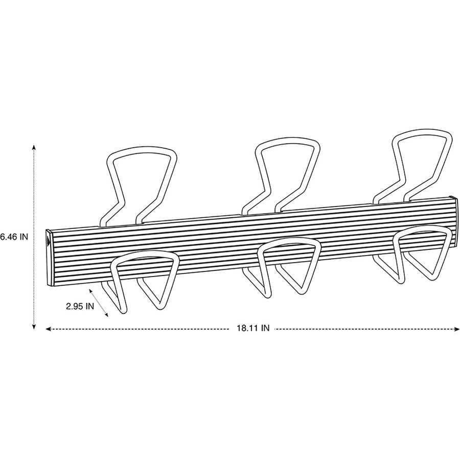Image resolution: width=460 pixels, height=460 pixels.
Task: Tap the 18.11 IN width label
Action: (253, 328)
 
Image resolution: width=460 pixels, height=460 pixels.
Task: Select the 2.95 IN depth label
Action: (80, 306)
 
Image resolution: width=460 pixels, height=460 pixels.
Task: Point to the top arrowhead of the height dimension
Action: (34, 147)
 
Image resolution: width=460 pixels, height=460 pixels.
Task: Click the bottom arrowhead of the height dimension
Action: (34, 327)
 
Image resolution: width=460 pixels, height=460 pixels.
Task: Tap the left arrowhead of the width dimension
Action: (49, 329)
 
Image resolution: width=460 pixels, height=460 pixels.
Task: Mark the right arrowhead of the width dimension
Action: (457, 329)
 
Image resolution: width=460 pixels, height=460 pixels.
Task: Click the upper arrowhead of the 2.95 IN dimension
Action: (90, 290)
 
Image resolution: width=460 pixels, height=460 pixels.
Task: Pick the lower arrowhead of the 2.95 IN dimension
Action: (106, 315)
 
